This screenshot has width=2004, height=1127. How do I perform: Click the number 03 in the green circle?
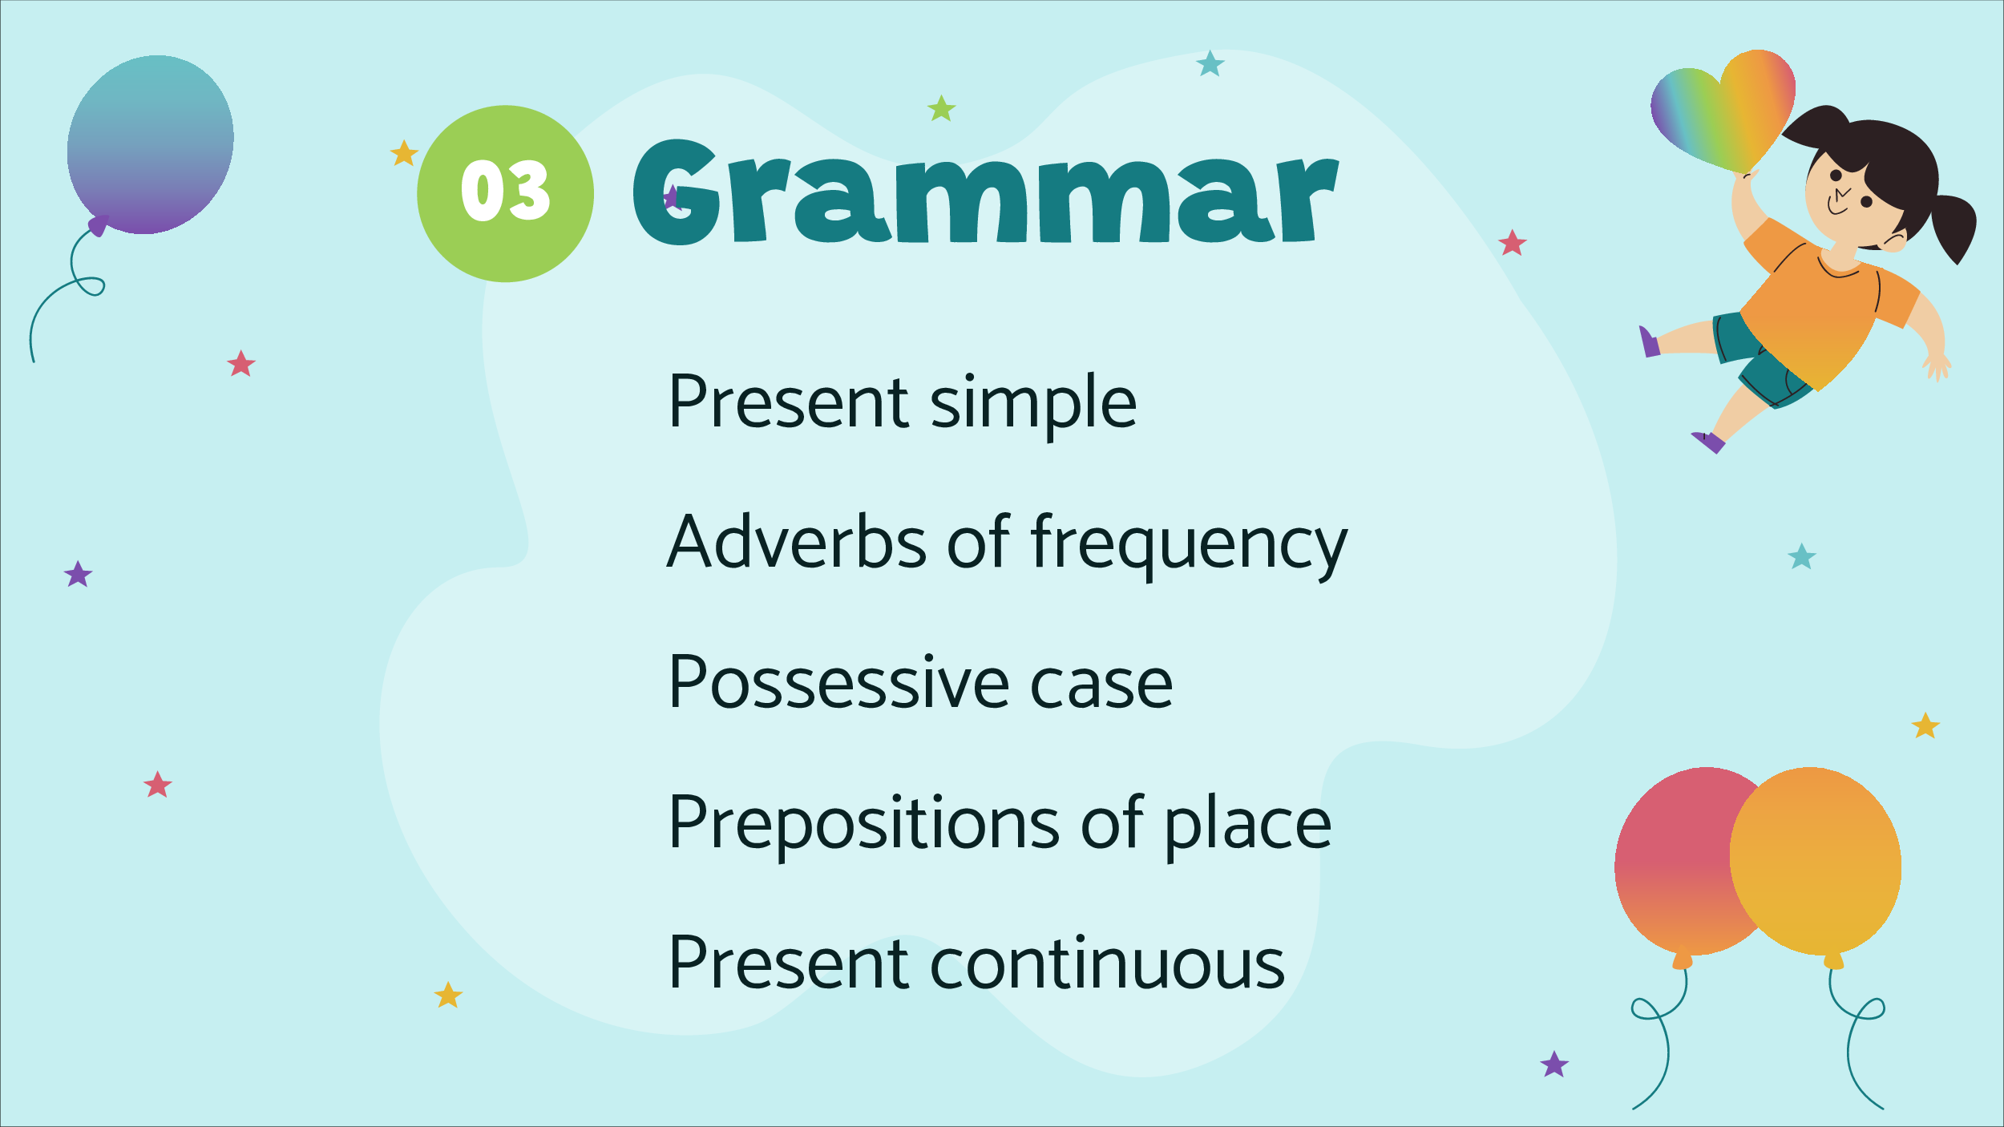tap(505, 190)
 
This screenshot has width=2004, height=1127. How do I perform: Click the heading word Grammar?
tap(985, 192)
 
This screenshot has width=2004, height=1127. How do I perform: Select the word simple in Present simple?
tap(1033, 404)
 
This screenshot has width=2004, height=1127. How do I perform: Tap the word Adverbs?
tap(796, 542)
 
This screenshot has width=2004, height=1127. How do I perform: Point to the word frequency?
tap(1189, 545)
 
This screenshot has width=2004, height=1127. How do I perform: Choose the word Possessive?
tap(839, 682)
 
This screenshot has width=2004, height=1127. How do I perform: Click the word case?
tap(1101, 688)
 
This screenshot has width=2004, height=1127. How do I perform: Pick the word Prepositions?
tap(865, 826)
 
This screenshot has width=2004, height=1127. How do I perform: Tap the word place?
tap(1247, 826)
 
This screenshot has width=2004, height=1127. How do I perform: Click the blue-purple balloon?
tap(150, 145)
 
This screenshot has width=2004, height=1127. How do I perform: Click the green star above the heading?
tap(942, 108)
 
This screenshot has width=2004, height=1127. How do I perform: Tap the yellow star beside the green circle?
tap(404, 153)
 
